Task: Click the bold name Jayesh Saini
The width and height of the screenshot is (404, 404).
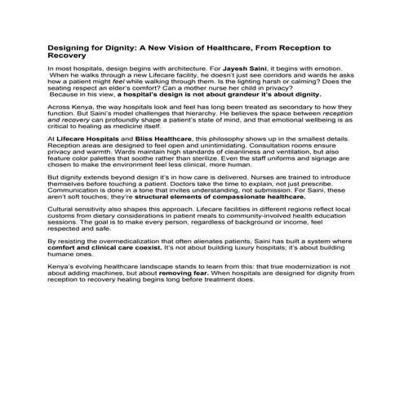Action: [x=211, y=72]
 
